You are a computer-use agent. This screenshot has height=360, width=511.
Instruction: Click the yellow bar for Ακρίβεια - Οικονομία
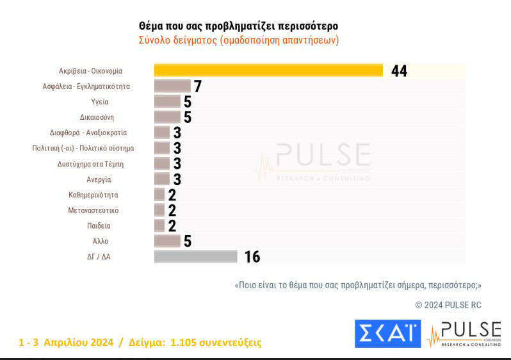[x=268, y=70]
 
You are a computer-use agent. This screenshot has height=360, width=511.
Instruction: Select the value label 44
[x=399, y=71]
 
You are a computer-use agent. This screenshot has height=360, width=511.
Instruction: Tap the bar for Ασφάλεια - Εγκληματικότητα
[x=172, y=86]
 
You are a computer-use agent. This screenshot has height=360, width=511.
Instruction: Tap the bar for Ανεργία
[x=162, y=179]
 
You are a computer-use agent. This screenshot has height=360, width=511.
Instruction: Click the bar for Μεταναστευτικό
[x=159, y=209]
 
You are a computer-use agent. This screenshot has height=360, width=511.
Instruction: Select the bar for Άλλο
[x=167, y=241]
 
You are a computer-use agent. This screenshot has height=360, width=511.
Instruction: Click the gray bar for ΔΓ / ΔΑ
[x=195, y=256]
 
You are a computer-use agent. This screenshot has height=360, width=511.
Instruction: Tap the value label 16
[x=252, y=257]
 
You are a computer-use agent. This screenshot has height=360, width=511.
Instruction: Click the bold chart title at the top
[x=238, y=26]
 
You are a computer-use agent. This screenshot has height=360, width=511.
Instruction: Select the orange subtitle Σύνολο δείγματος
[x=238, y=40]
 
